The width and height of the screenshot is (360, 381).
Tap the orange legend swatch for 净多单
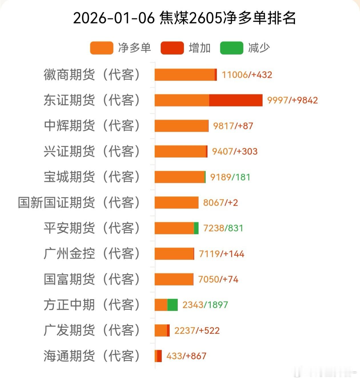[x=101, y=48]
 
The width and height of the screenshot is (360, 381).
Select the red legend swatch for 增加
[x=172, y=48]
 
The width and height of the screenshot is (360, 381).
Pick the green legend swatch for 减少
[x=232, y=48]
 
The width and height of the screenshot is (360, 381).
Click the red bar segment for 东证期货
[x=236, y=100]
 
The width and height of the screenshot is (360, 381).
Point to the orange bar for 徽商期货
[x=184, y=75]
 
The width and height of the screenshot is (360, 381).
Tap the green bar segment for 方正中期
[x=172, y=305]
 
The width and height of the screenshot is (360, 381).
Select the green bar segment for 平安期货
[x=196, y=228]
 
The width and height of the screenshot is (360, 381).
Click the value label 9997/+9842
[x=292, y=100]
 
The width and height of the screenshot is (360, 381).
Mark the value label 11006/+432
[x=247, y=75]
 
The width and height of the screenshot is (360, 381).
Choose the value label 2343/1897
[x=205, y=305]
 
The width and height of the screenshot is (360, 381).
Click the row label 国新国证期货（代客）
[x=79, y=203]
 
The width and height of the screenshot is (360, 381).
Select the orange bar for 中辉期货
[x=181, y=126]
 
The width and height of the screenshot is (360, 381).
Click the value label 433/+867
[x=186, y=356]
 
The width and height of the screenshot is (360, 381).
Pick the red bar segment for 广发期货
[x=168, y=331]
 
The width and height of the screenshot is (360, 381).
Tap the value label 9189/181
[x=230, y=177]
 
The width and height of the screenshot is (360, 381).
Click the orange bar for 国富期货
[x=174, y=279]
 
